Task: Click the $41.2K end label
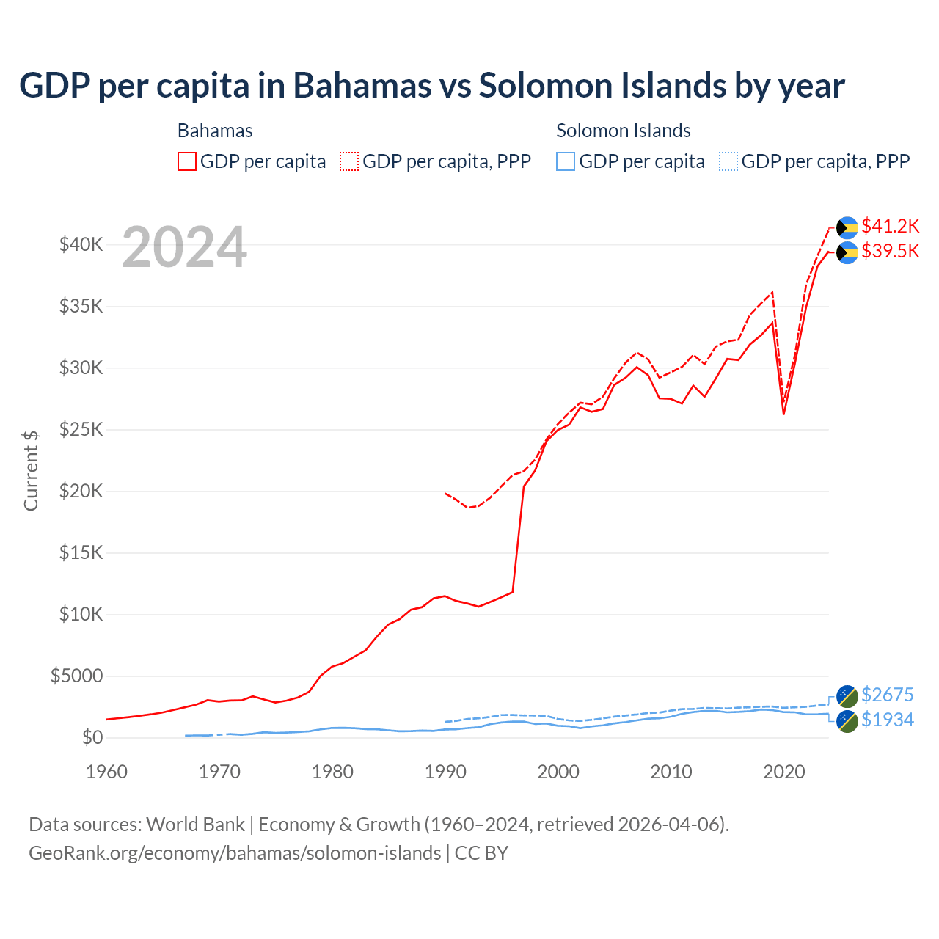coord(890,226)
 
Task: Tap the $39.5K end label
coord(890,251)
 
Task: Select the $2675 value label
coord(887,695)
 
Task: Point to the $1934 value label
coord(887,720)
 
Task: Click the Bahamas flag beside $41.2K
coord(847,227)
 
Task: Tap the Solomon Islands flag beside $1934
coord(847,720)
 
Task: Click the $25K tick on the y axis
coord(81,429)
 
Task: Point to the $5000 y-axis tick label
coord(76,676)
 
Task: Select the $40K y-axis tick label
coord(81,244)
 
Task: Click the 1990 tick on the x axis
coord(445,772)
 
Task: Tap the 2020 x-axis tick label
coord(784,772)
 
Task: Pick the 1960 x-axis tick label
coord(107,772)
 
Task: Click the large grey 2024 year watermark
coord(184,248)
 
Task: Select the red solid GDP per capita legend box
coord(187,161)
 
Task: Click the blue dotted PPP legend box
coord(728,161)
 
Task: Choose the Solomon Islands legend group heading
coord(623,131)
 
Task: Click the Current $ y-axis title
coord(31,471)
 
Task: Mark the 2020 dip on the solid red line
coord(783,414)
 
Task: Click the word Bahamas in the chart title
coord(362,86)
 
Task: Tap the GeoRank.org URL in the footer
coord(235,853)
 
